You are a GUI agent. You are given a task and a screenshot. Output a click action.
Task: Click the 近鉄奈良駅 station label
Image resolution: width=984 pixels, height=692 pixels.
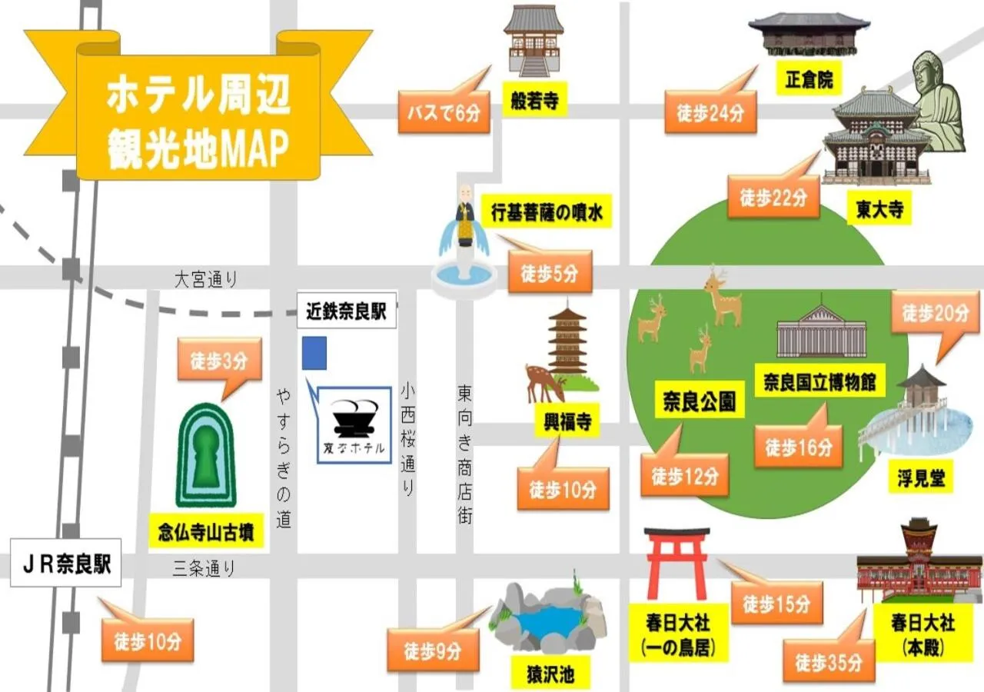pyautogui.click(x=346, y=312)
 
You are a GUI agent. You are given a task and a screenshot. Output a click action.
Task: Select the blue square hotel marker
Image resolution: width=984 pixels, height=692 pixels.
pyautogui.click(x=314, y=353)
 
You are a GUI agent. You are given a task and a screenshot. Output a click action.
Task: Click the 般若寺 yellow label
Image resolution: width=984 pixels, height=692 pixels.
pyautogui.click(x=534, y=100)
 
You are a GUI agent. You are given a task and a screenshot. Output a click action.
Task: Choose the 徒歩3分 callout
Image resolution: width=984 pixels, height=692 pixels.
pyautogui.click(x=219, y=361)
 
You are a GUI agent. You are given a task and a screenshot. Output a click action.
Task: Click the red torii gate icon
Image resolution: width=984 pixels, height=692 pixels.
pyautogui.click(x=676, y=561)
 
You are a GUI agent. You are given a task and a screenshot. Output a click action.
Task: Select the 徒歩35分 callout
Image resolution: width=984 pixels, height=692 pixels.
pyautogui.click(x=828, y=662)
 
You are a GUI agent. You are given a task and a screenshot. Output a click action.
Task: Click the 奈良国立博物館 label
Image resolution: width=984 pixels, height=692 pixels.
pyautogui.click(x=819, y=381)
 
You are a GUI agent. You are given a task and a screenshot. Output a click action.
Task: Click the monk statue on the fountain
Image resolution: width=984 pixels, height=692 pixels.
pyautogui.click(x=464, y=215)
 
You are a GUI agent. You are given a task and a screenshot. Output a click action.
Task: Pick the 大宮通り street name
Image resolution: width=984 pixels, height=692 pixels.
pyautogui.click(x=206, y=280)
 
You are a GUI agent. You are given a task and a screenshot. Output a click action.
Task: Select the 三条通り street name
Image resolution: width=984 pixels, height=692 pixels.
pyautogui.click(x=204, y=568)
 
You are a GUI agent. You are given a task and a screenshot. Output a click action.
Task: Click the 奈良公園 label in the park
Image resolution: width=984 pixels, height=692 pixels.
pyautogui.click(x=699, y=401)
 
